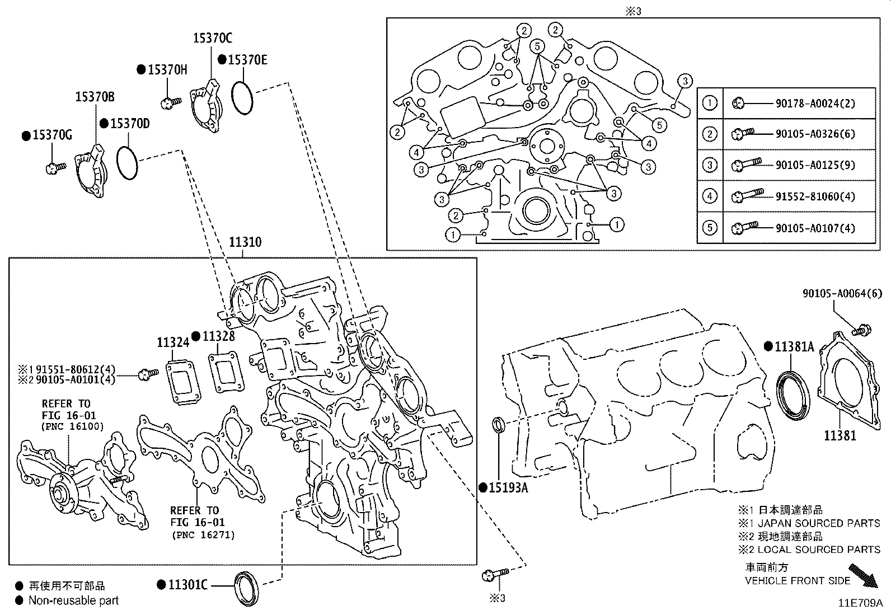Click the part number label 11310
[x=245, y=242]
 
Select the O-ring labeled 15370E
[x=242, y=97]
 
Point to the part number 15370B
[x=95, y=97]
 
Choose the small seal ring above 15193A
[x=498, y=425]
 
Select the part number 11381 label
[x=840, y=435]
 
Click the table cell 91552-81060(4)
[x=815, y=196]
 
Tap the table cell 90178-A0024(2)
[x=815, y=104]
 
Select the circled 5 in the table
[x=709, y=228]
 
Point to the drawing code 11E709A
[x=860, y=603]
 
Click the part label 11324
[x=172, y=342]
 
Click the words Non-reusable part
[x=73, y=601]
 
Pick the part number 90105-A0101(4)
[x=78, y=379]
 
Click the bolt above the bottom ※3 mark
[x=494, y=574]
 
